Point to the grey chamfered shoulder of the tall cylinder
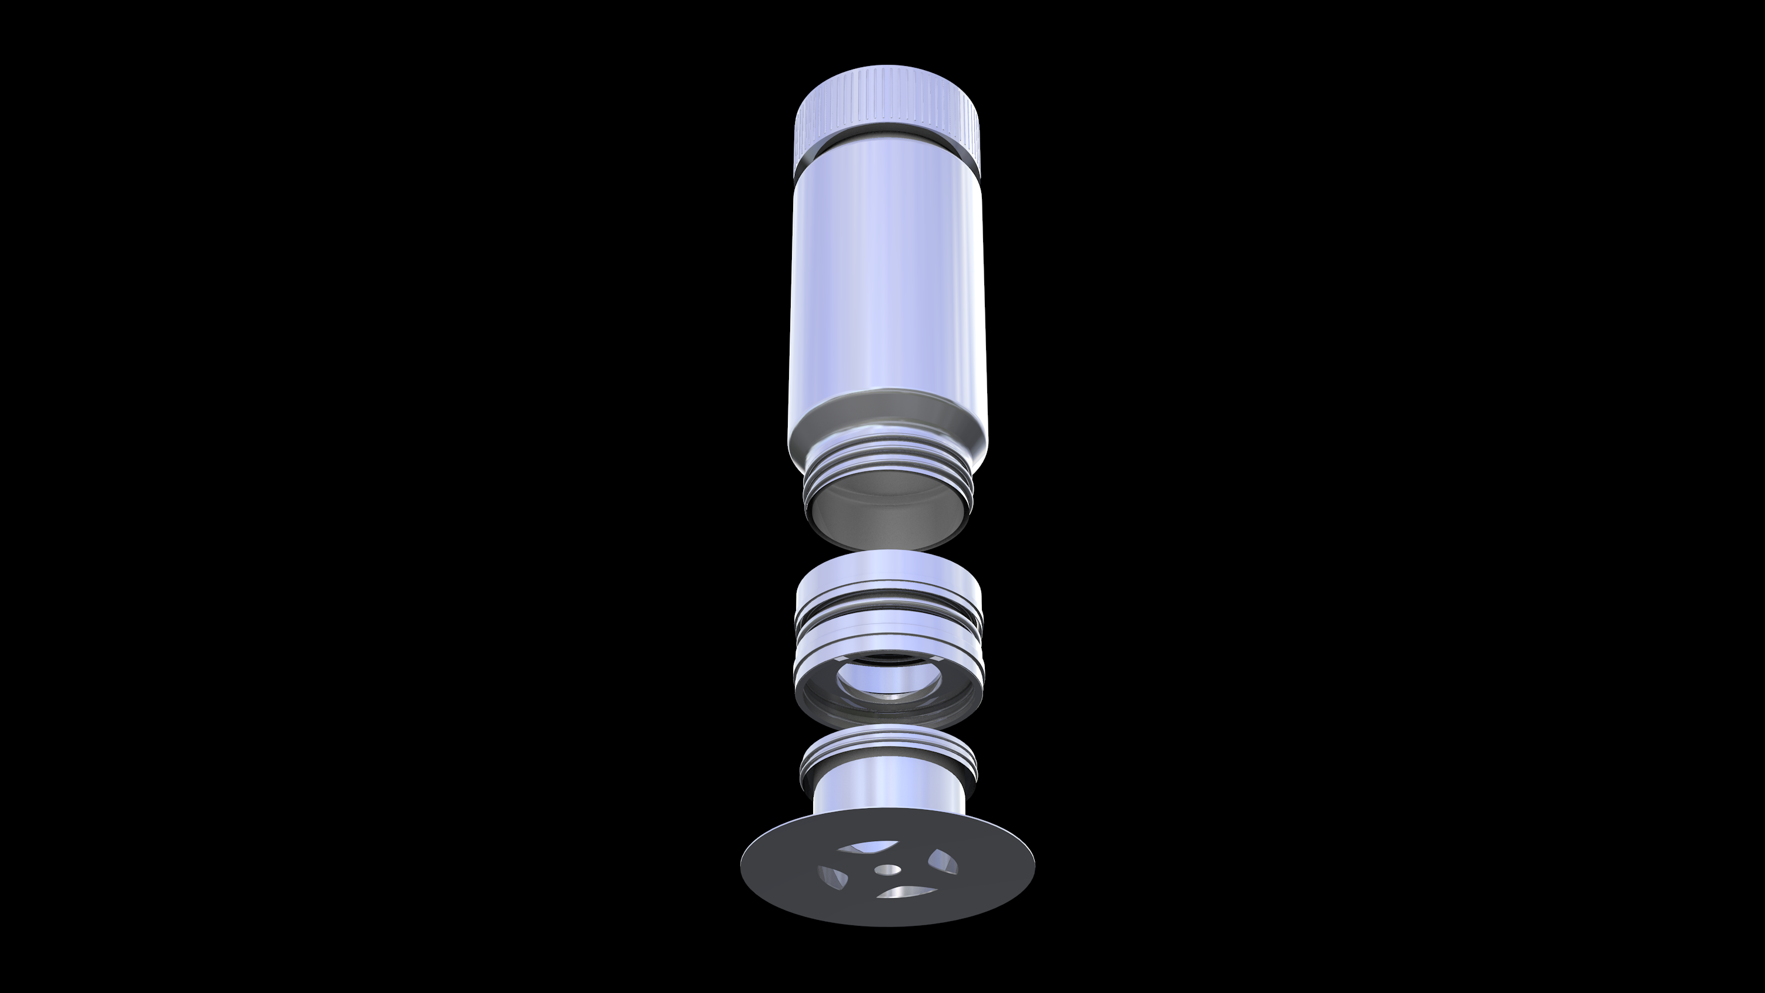click(888, 418)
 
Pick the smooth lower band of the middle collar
click(888, 641)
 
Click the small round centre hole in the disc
click(888, 869)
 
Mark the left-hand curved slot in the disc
click(834, 877)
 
